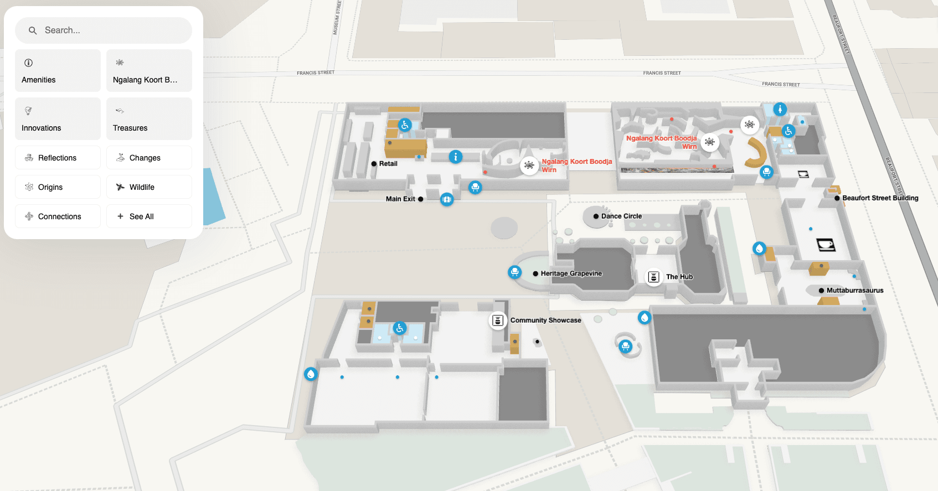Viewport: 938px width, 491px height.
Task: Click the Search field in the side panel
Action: pyautogui.click(x=104, y=30)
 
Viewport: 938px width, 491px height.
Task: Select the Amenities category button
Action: pyautogui.click(x=58, y=70)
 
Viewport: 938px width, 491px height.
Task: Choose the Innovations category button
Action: pyautogui.click(x=58, y=118)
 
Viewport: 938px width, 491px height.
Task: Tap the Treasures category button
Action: pyautogui.click(x=149, y=118)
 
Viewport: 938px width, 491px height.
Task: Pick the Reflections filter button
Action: pyautogui.click(x=58, y=158)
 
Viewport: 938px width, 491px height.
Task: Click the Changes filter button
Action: pyautogui.click(x=149, y=158)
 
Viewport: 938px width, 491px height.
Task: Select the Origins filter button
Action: pyautogui.click(x=58, y=187)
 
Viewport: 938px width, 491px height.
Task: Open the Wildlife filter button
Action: pyautogui.click(x=149, y=187)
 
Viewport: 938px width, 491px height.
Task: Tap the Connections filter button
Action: pyautogui.click(x=58, y=216)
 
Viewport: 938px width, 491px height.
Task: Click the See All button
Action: pyautogui.click(x=149, y=216)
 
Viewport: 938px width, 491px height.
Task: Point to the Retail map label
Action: pyautogui.click(x=388, y=164)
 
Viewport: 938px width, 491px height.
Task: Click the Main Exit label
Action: pyautogui.click(x=400, y=199)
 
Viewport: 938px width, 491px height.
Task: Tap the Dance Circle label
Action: pyautogui.click(x=621, y=216)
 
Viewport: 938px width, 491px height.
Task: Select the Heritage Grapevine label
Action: pyautogui.click(x=571, y=273)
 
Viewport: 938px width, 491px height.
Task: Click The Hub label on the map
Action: pyautogui.click(x=679, y=277)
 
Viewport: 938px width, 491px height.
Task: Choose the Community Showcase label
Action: pyautogui.click(x=545, y=320)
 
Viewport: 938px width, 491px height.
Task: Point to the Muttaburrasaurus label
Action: pyautogui.click(x=855, y=291)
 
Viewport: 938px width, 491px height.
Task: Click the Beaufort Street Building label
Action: pyautogui.click(x=880, y=198)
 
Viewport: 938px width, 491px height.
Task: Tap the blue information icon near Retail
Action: pyautogui.click(x=456, y=157)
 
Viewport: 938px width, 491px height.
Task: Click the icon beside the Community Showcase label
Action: pyautogui.click(x=497, y=321)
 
